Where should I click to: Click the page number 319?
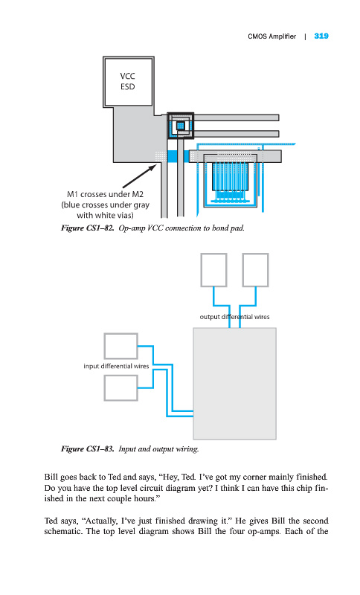click(321, 36)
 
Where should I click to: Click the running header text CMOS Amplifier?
click(272, 36)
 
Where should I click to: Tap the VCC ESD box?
click(128, 82)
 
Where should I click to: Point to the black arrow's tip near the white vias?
click(157, 164)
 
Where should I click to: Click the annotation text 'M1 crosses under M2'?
click(105, 194)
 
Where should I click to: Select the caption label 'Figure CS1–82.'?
click(88, 228)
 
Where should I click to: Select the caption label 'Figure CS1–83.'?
click(88, 449)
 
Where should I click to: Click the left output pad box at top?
click(213, 270)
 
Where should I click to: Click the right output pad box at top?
click(255, 270)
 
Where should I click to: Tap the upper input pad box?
click(121, 346)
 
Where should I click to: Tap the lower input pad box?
click(121, 387)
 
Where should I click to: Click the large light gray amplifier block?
click(235, 384)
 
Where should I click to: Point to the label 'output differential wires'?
click(234, 317)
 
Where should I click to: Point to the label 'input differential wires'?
click(116, 366)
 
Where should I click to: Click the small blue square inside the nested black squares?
click(181, 125)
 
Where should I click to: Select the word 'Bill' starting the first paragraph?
click(51, 477)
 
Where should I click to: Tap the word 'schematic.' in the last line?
click(63, 531)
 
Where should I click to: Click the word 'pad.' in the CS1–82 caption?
click(237, 228)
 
